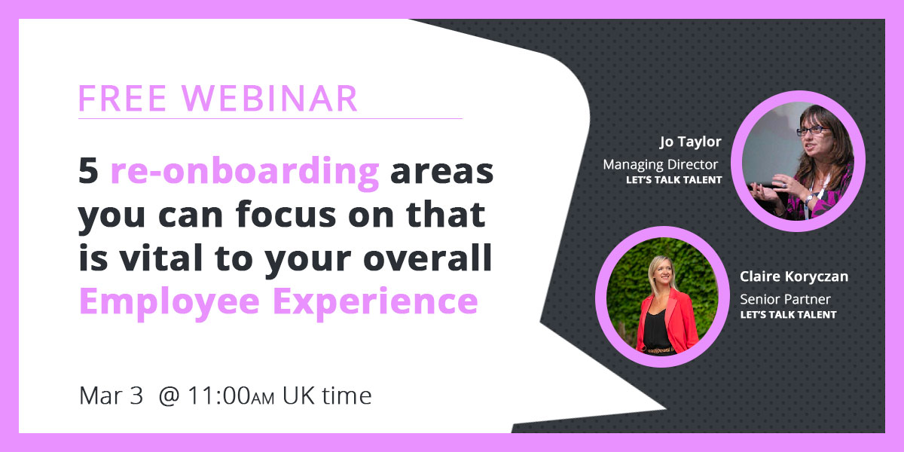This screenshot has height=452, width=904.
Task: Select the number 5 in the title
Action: tap(89, 172)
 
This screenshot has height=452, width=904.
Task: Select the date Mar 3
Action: tap(111, 396)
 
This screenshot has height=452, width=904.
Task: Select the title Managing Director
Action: tap(661, 164)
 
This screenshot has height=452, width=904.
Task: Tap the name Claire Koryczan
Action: tap(793, 276)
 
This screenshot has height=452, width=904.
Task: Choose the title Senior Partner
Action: tap(785, 299)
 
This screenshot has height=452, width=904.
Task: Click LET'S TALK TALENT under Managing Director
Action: tap(673, 181)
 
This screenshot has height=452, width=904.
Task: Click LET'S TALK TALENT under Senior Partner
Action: tap(788, 315)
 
